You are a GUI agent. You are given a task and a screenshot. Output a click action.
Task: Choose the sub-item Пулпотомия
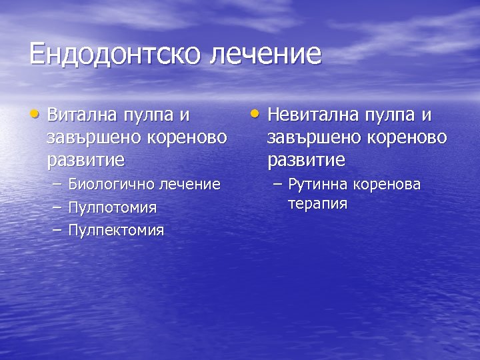tap(113, 207)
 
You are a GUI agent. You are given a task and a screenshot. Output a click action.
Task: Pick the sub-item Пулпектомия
tap(116, 231)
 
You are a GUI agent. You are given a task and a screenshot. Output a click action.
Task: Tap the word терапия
tap(317, 203)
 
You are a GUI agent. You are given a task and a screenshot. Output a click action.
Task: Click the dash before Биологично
tap(56, 184)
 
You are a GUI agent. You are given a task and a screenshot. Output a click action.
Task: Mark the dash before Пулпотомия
tap(56, 207)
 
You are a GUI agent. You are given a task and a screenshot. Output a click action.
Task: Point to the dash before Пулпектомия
tap(56, 231)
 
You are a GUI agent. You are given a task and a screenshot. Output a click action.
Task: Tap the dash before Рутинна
tap(275, 184)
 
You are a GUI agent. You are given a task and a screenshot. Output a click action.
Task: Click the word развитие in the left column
tap(86, 160)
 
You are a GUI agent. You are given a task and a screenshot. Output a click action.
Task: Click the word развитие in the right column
tap(306, 160)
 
